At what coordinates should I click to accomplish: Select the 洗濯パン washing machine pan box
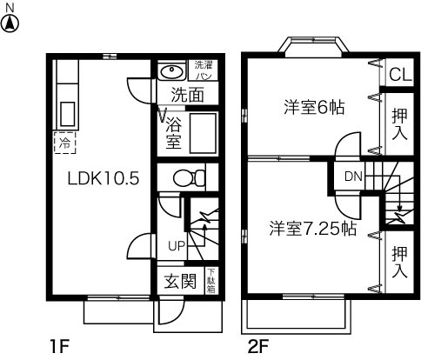(203, 70)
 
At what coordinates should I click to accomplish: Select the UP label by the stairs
(176, 246)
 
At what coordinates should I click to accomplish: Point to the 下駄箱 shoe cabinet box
(210, 282)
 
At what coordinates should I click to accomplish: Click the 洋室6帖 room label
(314, 109)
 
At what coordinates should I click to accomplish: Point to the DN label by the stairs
(352, 177)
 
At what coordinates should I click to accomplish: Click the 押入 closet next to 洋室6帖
(399, 123)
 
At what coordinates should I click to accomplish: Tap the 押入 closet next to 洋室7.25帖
(399, 262)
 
